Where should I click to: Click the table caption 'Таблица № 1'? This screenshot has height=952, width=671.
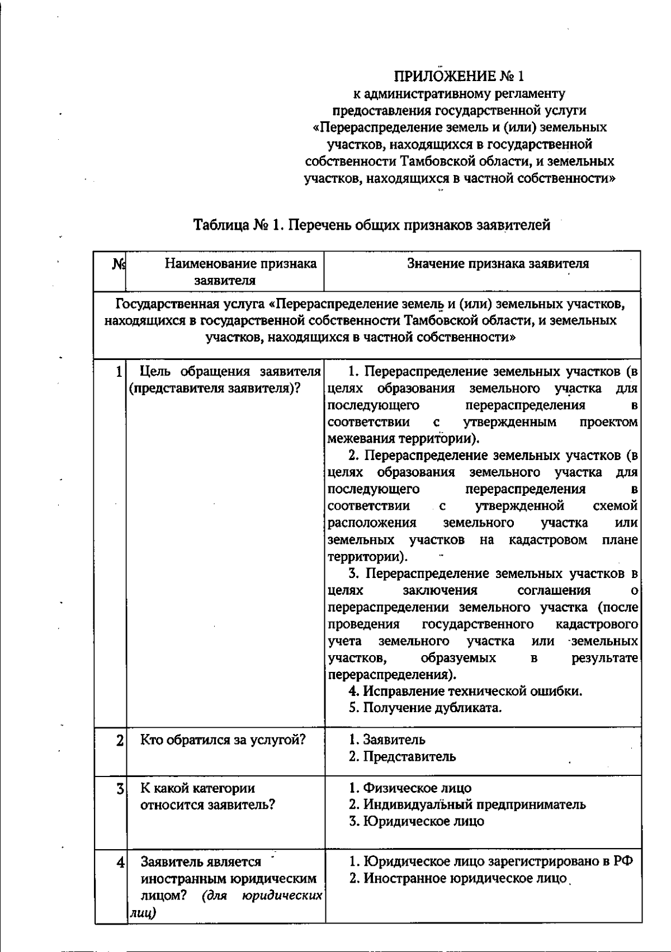[372, 225]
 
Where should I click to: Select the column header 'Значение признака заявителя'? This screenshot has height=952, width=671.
[498, 264]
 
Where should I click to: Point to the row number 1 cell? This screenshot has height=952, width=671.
[118, 372]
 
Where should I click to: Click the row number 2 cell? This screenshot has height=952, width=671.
[120, 741]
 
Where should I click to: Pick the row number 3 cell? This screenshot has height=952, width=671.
[120, 789]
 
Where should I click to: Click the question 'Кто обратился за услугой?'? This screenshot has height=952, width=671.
[223, 740]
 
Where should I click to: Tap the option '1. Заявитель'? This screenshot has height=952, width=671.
[388, 740]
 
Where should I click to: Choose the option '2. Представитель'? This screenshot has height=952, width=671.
[403, 757]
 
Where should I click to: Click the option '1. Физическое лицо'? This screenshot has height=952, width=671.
[410, 788]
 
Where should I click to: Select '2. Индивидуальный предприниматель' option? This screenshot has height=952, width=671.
[467, 805]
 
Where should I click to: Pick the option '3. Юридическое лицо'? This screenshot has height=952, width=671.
[417, 822]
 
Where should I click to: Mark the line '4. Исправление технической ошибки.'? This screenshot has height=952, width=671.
[466, 691]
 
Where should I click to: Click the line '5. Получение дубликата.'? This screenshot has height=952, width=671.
[425, 708]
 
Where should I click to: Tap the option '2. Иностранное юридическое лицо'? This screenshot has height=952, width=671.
[458, 878]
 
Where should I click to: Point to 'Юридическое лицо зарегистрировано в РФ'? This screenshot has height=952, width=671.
[498, 861]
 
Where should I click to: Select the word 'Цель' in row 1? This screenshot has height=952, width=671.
[154, 372]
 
